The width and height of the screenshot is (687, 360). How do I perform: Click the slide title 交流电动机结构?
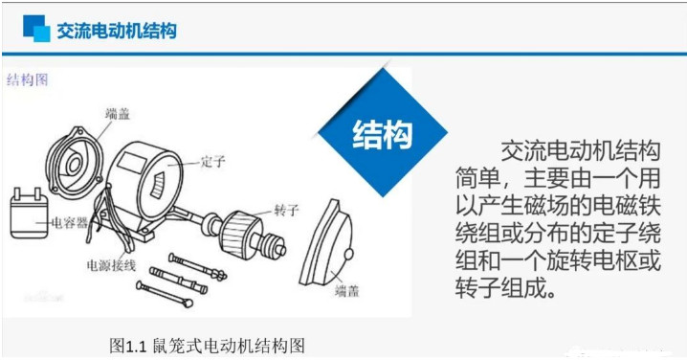click(117, 31)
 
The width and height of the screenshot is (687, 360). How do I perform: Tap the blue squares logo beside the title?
click(36, 29)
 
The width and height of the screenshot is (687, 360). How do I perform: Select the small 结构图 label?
click(27, 79)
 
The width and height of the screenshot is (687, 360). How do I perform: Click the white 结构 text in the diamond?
click(383, 134)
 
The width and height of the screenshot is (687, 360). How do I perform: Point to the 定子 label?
click(213, 162)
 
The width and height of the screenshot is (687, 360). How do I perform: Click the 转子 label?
click(286, 211)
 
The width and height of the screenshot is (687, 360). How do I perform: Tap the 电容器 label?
click(70, 223)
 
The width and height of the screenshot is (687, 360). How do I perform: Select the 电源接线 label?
click(111, 266)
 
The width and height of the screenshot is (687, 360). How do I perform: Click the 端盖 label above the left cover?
click(118, 114)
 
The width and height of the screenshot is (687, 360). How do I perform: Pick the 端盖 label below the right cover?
click(347, 291)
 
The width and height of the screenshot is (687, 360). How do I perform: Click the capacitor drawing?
click(29, 214)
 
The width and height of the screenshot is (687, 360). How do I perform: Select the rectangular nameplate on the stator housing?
click(131, 162)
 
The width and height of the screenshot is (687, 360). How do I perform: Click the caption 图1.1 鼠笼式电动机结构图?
click(207, 346)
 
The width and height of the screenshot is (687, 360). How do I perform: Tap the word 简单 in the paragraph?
click(477, 178)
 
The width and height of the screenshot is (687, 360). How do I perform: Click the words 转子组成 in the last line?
click(500, 288)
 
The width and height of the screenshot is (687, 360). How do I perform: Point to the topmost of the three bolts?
click(198, 266)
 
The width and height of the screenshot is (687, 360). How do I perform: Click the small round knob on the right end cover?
click(349, 254)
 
